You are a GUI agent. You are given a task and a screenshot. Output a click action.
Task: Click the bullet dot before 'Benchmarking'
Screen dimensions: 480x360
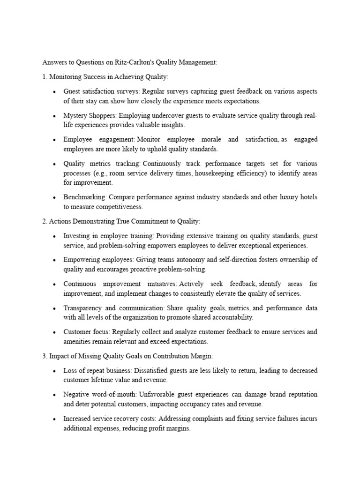(55, 198)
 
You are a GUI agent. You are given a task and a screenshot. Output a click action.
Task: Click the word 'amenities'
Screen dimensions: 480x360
(78, 341)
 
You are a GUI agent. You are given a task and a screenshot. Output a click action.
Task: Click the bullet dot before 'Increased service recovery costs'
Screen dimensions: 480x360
(55, 419)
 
